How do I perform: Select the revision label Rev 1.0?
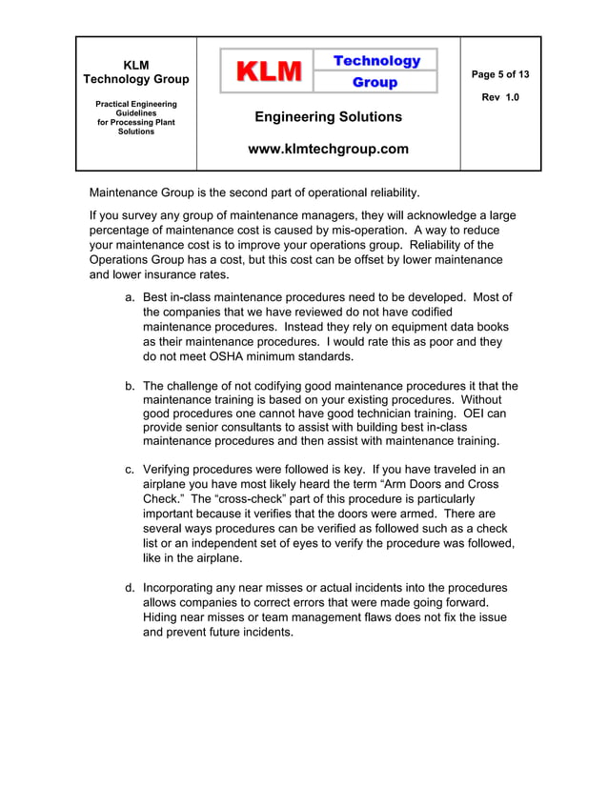[x=500, y=98]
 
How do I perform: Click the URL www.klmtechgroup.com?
[x=328, y=149]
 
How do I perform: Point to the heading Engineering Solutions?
[x=328, y=117]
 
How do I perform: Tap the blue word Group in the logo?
[x=375, y=83]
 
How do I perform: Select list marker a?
[x=131, y=297]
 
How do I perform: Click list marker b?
[x=131, y=386]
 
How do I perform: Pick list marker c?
[x=131, y=470]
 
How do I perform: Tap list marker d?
[x=131, y=588]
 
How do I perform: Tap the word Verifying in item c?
[x=172, y=470]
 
